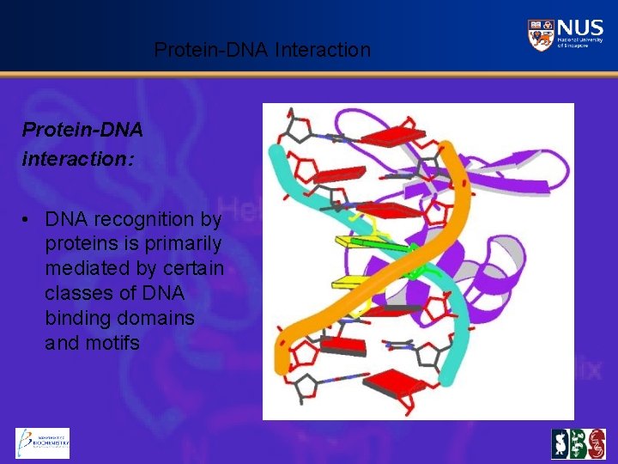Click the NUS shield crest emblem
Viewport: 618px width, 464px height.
[540, 34]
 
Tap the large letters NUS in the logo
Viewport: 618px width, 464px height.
[579, 27]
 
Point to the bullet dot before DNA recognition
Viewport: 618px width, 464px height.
[28, 219]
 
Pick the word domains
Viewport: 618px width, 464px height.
[162, 319]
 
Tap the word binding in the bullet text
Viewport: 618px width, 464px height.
[76, 319]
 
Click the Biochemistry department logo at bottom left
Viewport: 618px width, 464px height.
[42, 443]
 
